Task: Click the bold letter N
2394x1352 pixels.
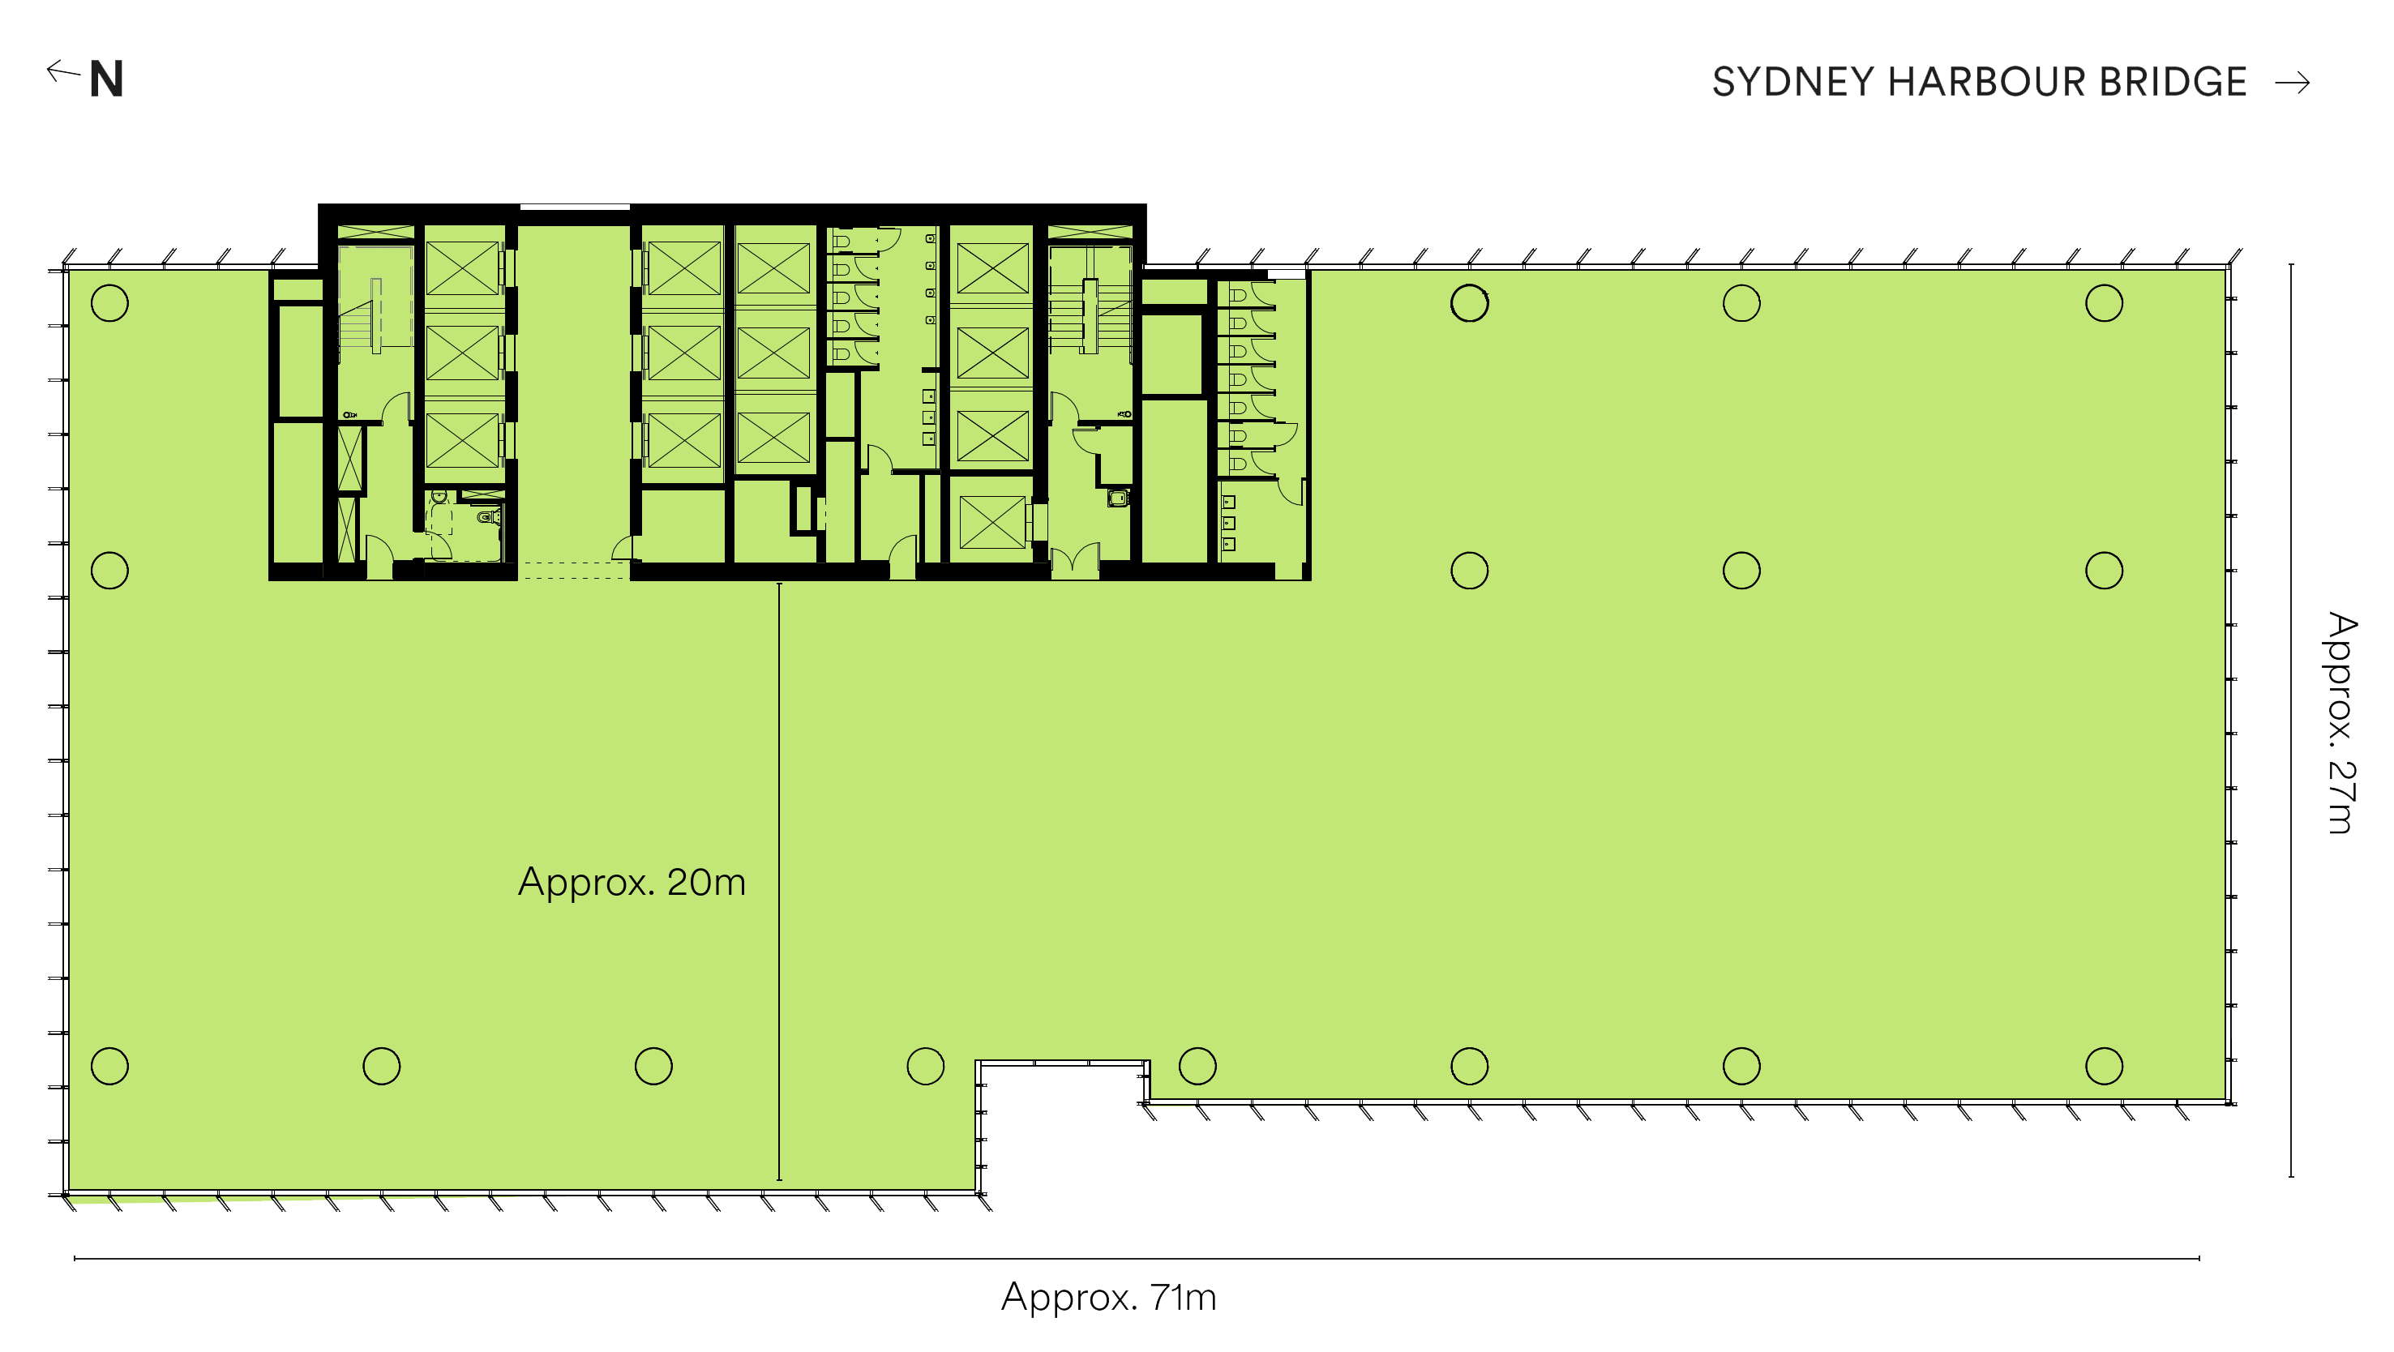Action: pyautogui.click(x=106, y=80)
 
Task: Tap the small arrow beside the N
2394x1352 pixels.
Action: pyautogui.click(x=63, y=71)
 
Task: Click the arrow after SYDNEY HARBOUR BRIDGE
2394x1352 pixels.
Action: pyautogui.click(x=2293, y=83)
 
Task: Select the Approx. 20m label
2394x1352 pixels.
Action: pyautogui.click(x=632, y=882)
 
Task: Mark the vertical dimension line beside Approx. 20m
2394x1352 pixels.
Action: pyautogui.click(x=779, y=882)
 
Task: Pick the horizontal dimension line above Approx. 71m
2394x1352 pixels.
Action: pyautogui.click(x=1137, y=1258)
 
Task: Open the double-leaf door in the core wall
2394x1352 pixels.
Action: pyautogui.click(x=1074, y=560)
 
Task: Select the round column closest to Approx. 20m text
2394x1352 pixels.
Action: pyautogui.click(x=653, y=1066)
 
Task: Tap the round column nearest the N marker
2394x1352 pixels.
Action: pyautogui.click(x=109, y=303)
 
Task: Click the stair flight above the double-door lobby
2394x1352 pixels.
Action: pyautogui.click(x=1090, y=317)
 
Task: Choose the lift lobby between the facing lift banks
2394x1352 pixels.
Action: pyautogui.click(x=574, y=390)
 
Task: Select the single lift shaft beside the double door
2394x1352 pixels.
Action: pyautogui.click(x=991, y=522)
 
